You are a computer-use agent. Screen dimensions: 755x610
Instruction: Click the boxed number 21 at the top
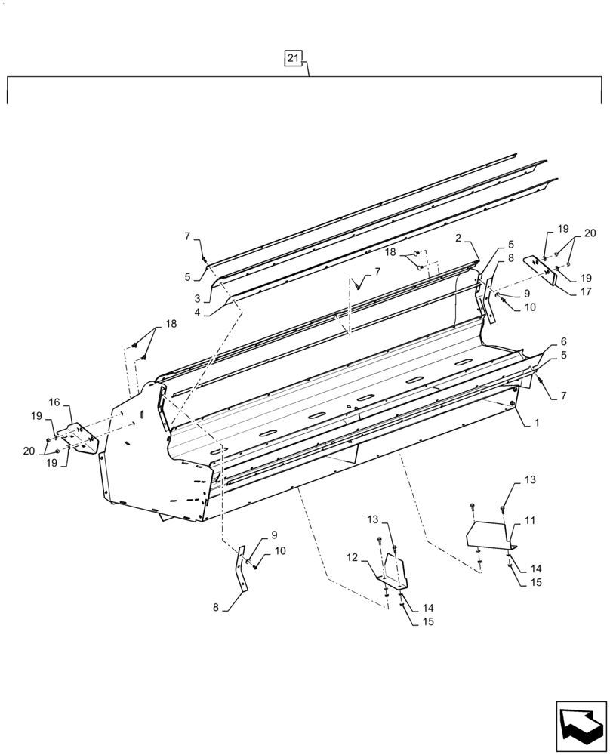pos(294,58)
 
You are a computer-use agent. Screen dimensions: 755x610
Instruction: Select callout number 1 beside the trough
pos(535,425)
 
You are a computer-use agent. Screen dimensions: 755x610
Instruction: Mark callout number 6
pos(563,341)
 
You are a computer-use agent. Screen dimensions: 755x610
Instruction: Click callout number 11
pos(529,520)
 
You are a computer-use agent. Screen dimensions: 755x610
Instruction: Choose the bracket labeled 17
pos(549,269)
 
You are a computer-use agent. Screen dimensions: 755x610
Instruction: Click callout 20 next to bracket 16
pos(29,451)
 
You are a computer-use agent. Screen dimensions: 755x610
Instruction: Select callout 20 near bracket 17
pos(590,233)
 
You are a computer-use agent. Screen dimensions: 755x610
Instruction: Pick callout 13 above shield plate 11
pos(529,479)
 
